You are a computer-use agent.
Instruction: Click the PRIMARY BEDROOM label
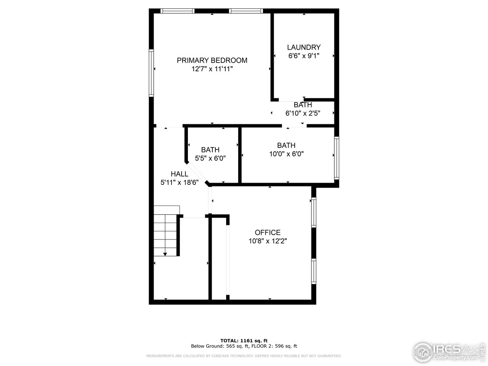coord(212,60)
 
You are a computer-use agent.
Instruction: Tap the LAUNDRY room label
coord(304,47)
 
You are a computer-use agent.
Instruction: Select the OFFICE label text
coord(268,233)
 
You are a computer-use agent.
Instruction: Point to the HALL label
coord(179,174)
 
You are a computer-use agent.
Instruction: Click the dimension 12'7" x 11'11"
coord(212,69)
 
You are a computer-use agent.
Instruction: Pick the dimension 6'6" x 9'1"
coord(304,56)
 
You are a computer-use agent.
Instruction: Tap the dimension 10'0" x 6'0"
coord(286,154)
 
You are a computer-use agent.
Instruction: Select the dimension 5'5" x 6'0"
coord(210,158)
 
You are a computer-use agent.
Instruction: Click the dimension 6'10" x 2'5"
coord(303,113)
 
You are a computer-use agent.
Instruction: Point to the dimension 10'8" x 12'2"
coord(268,241)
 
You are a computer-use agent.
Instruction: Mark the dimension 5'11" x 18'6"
coord(180,182)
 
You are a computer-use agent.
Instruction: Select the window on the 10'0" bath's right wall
coord(337,158)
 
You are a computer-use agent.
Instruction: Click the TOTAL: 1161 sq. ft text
coord(244,340)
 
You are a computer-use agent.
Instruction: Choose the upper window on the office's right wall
coord(313,212)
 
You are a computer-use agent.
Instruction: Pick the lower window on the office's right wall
coord(313,271)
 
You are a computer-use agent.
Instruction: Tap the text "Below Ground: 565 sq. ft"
coord(220,346)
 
